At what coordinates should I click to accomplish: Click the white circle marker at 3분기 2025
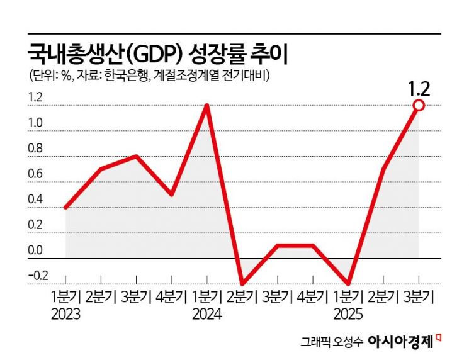[419, 106]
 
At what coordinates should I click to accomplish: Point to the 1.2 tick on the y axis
[35, 98]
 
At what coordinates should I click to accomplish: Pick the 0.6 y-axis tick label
[35, 174]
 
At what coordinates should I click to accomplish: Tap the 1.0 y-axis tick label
[35, 124]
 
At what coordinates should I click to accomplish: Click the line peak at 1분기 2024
[207, 105]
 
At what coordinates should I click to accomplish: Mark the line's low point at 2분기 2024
[242, 284]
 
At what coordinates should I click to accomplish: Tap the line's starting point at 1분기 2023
[65, 207]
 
